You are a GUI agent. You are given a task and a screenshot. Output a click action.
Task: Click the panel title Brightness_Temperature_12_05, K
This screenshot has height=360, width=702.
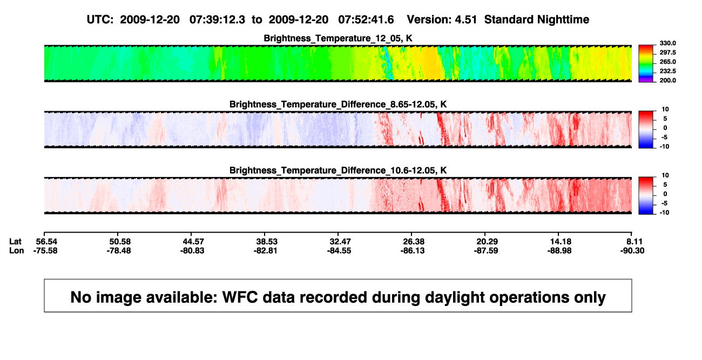click(338, 38)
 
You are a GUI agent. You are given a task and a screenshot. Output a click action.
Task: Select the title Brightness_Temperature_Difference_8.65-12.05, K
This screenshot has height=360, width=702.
click(338, 104)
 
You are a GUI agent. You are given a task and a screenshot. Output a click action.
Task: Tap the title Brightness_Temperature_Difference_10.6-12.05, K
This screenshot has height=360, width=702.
click(338, 171)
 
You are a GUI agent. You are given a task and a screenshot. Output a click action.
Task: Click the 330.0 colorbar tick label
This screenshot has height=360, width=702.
click(667, 43)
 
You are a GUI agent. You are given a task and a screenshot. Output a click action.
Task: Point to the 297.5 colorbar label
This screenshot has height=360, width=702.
click(667, 52)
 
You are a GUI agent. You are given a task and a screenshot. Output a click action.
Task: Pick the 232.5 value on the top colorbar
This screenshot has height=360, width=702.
click(667, 71)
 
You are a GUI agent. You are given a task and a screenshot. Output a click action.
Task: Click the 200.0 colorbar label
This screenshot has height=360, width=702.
click(667, 80)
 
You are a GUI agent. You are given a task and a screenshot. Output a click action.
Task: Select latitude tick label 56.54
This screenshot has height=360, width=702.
click(46, 242)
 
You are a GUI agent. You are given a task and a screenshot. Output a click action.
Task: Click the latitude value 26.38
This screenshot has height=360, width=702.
click(414, 242)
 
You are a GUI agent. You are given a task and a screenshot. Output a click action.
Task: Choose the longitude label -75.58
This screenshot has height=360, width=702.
click(45, 250)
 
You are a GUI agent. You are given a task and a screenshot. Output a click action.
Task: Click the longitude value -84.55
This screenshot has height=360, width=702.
click(339, 250)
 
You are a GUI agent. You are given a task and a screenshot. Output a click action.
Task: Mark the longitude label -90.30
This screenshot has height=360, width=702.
click(632, 250)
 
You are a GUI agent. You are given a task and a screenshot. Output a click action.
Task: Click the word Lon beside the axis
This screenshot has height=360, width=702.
click(17, 250)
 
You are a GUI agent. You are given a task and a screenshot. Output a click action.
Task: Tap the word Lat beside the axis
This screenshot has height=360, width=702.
click(15, 242)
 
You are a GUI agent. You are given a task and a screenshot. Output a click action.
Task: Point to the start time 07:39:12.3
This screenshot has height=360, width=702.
click(217, 19)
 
